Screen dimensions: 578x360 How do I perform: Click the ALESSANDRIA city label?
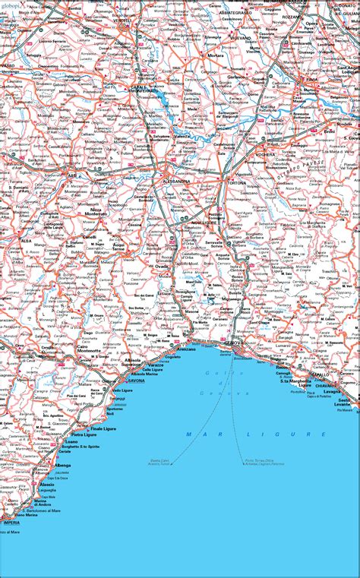coord(177,182)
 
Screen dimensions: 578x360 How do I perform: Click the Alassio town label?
coord(47,483)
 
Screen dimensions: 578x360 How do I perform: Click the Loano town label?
coord(71,441)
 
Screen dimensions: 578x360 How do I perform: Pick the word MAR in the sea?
coord(198,434)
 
